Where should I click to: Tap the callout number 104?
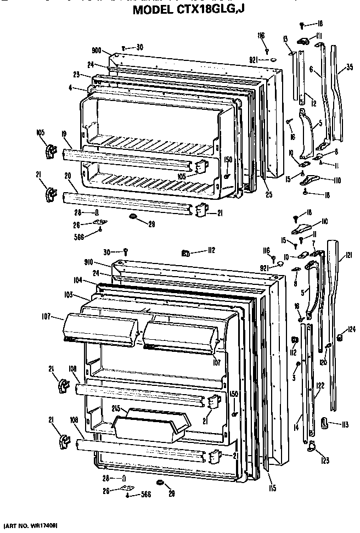(77, 280)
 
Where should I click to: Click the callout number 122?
(319, 385)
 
